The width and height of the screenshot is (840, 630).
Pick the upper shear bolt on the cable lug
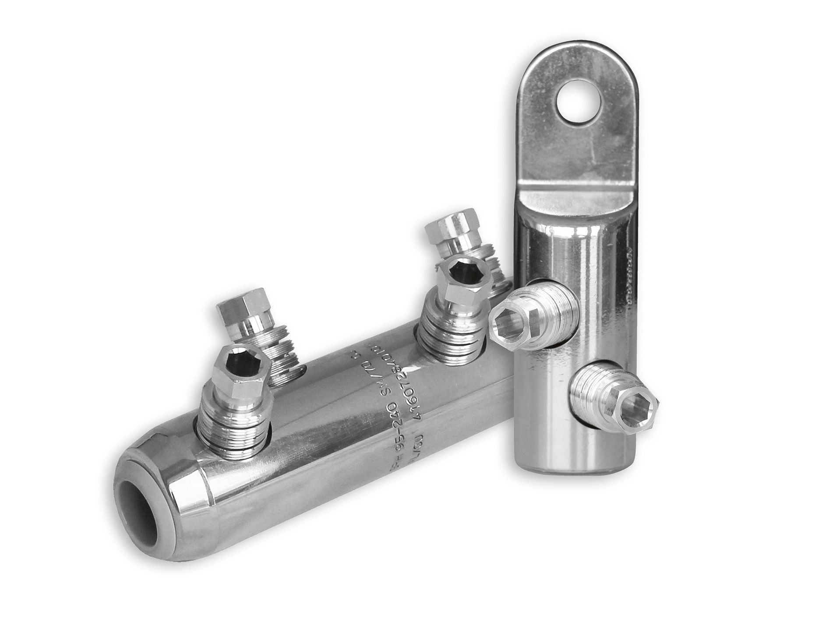(534, 319)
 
